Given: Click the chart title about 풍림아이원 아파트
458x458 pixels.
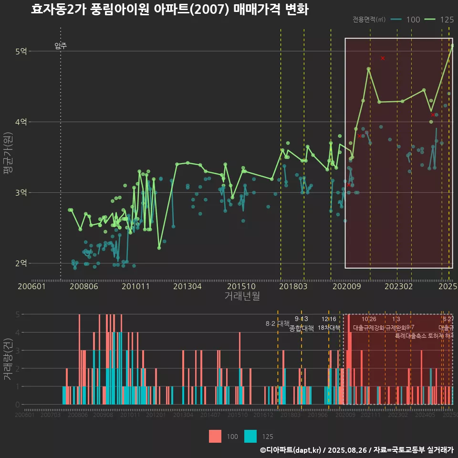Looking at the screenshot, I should pyautogui.click(x=169, y=10).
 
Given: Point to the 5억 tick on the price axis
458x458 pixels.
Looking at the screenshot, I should pyautogui.click(x=21, y=51).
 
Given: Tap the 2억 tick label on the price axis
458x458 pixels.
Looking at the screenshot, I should pyautogui.click(x=21, y=263).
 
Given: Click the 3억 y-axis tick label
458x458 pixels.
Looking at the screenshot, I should pyautogui.click(x=21, y=192).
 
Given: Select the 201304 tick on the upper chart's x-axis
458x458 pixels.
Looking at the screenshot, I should pyautogui.click(x=187, y=286).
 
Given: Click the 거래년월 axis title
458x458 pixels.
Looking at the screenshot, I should pyautogui.click(x=242, y=296).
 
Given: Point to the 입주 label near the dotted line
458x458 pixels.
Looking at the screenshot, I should pyautogui.click(x=61, y=46).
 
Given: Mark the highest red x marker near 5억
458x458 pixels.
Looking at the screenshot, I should pyautogui.click(x=383, y=58).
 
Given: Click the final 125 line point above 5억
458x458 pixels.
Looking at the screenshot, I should pyautogui.click(x=452, y=46).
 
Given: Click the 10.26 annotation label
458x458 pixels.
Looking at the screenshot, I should pyautogui.click(x=369, y=319).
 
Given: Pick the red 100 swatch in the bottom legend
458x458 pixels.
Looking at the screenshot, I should pyautogui.click(x=215, y=436).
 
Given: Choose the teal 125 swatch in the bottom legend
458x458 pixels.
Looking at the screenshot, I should pyautogui.click(x=250, y=436).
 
